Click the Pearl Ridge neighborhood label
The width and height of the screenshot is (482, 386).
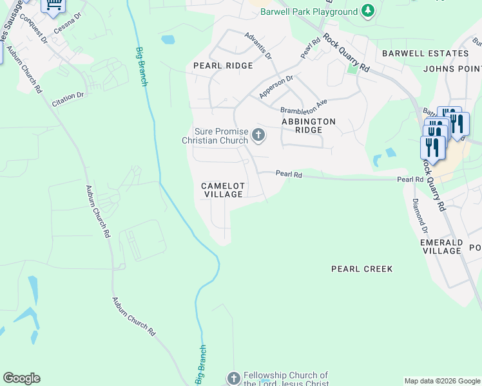point(223,66)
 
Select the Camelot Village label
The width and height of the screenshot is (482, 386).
point(224,190)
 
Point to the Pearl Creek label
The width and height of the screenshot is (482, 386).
point(361,269)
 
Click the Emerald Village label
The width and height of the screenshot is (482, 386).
point(441,246)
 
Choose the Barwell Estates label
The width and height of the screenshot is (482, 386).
point(425,53)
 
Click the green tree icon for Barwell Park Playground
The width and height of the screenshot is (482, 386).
point(367,11)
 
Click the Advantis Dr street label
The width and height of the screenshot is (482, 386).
point(258,44)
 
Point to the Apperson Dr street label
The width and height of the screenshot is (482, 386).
point(276,87)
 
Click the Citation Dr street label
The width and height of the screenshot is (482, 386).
point(68,96)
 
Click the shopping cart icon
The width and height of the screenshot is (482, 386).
point(53,5)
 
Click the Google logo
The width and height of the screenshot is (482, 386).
point(21,378)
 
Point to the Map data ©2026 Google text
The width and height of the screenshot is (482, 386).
point(441,381)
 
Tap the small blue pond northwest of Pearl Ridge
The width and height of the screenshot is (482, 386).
point(168,40)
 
